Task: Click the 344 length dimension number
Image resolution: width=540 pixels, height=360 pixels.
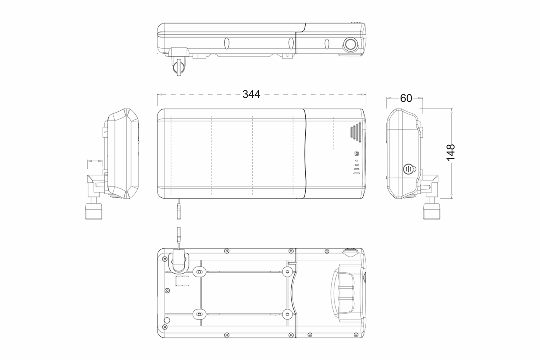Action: tap(251, 94)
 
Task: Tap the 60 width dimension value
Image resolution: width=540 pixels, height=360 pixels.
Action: tap(406, 98)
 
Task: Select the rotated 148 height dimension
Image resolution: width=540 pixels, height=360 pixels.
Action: tap(451, 152)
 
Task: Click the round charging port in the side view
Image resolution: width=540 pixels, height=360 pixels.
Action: tap(350, 44)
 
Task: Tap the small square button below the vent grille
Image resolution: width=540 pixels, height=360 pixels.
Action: tap(357, 153)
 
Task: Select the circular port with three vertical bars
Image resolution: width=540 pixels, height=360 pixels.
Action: tap(408, 169)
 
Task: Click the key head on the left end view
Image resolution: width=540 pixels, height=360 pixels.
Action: tap(94, 211)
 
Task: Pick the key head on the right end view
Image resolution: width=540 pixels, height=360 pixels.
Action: tap(431, 211)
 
